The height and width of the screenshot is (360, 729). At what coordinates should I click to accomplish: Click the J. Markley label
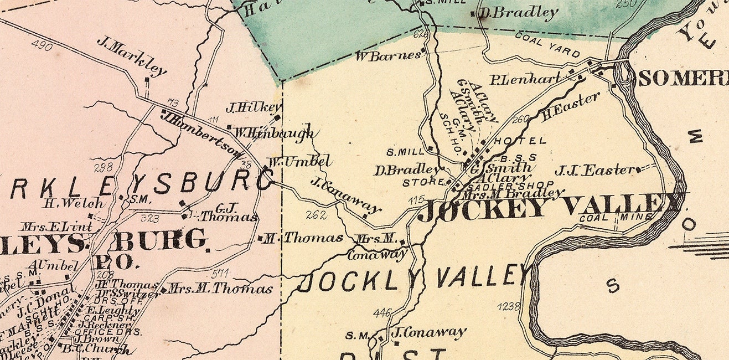(x=132, y=55)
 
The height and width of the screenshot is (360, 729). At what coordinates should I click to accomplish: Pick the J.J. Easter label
(x=594, y=170)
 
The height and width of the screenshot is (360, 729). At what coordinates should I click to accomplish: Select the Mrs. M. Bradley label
(x=513, y=193)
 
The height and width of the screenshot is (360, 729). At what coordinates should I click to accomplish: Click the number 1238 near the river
(x=508, y=306)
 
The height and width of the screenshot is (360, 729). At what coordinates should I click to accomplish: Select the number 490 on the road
(x=42, y=45)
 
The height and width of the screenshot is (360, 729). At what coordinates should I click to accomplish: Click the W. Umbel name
(x=299, y=162)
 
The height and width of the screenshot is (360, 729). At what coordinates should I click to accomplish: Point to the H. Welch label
(x=74, y=203)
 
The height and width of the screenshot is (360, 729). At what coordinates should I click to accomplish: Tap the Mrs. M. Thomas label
(x=220, y=289)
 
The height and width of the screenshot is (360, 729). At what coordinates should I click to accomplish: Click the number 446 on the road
(x=382, y=313)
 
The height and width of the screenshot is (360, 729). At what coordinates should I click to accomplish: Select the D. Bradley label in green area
(x=518, y=13)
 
